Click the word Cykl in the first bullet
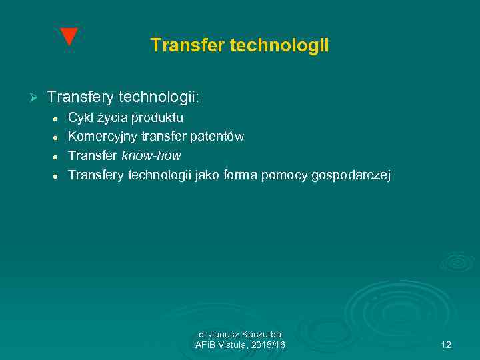tap(81, 118)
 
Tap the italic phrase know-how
tap(151, 156)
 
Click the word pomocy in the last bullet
tap(282, 175)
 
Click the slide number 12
tap(446, 345)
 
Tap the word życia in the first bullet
tap(113, 118)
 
